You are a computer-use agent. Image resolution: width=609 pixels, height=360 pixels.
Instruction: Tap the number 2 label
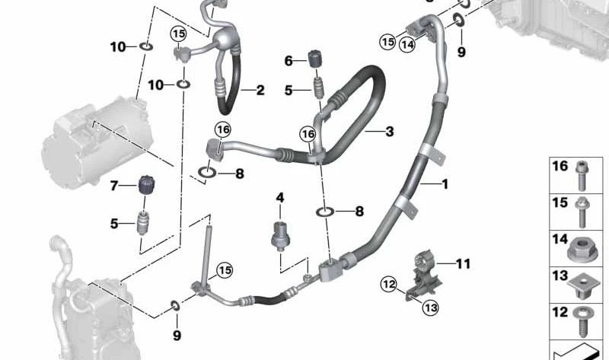(260, 91)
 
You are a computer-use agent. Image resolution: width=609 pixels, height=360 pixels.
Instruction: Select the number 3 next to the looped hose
(389, 132)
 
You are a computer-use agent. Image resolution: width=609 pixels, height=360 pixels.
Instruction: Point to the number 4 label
(279, 198)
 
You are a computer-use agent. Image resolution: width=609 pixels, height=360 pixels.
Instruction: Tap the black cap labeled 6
(316, 59)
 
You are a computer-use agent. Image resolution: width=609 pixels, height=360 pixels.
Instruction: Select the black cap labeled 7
(145, 186)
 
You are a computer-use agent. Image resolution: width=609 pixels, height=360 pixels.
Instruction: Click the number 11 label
(464, 264)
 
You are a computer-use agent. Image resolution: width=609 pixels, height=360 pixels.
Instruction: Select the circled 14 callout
(408, 44)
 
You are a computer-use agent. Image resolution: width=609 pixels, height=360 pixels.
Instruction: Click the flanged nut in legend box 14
(583, 248)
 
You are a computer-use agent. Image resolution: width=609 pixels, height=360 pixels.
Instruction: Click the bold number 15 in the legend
(560, 202)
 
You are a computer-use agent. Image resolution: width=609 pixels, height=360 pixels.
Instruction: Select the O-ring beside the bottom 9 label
(176, 306)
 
